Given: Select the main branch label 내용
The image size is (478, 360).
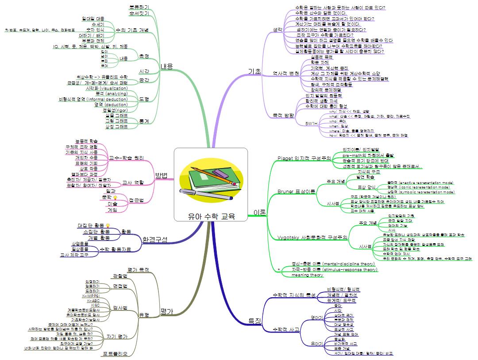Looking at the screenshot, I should [166, 66].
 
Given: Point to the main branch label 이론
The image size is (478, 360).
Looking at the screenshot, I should [260, 212].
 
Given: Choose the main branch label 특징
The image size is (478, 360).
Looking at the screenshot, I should [255, 320].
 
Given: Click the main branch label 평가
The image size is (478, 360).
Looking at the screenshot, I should [166, 311].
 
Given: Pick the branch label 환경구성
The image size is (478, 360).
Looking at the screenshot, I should [155, 240].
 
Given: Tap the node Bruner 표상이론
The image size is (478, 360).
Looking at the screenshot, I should [296, 191].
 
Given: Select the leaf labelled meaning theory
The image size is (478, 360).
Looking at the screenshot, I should [307, 275].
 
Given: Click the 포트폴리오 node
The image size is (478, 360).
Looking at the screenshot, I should [115, 353].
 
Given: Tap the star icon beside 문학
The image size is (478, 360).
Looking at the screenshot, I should [115, 197].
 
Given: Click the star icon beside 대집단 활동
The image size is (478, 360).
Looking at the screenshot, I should [108, 226].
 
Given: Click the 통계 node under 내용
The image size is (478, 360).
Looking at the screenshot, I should [143, 121].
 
